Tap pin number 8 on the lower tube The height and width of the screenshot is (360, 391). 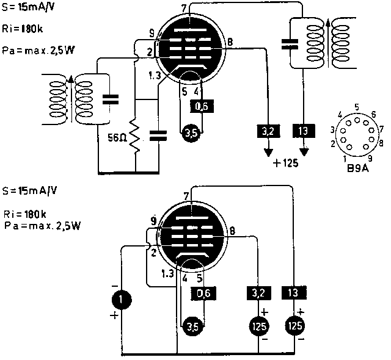point(233,231)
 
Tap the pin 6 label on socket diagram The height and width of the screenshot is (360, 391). point(373,115)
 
